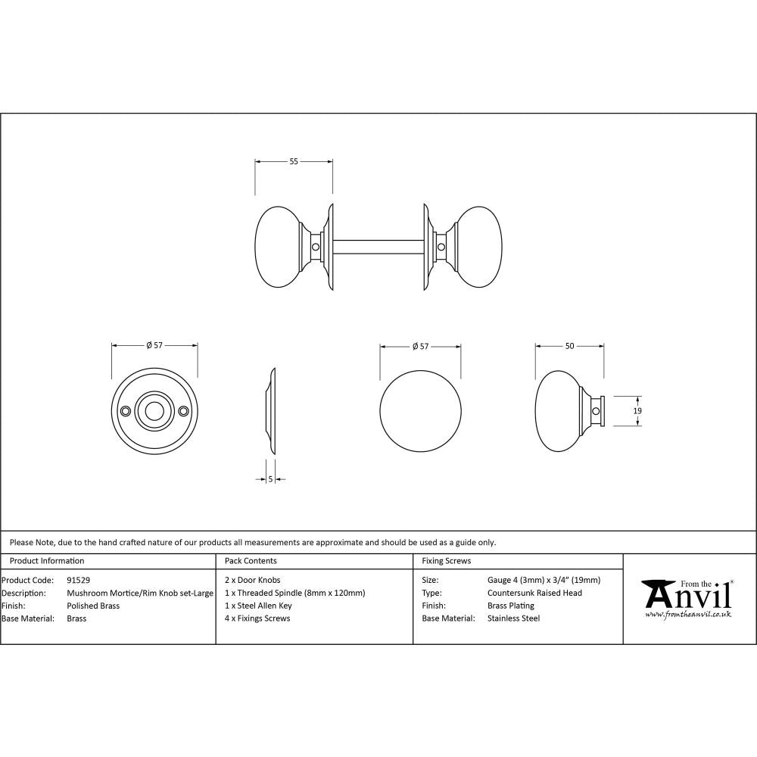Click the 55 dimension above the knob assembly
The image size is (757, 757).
click(294, 161)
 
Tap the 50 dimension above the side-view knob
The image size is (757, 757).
click(569, 346)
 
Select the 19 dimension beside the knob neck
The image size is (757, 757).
click(637, 410)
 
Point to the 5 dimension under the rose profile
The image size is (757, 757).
click(270, 479)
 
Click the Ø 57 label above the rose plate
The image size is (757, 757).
click(154, 346)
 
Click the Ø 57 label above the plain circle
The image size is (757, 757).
click(420, 346)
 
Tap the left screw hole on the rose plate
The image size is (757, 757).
click(126, 411)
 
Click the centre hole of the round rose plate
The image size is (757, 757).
click(154, 411)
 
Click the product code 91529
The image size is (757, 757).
click(79, 580)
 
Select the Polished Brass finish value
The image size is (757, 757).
click(93, 606)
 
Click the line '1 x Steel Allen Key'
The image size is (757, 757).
click(258, 606)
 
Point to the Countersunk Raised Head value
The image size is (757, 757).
click(534, 593)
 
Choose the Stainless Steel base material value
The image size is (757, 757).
click(513, 618)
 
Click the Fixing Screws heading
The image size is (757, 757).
click(446, 561)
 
